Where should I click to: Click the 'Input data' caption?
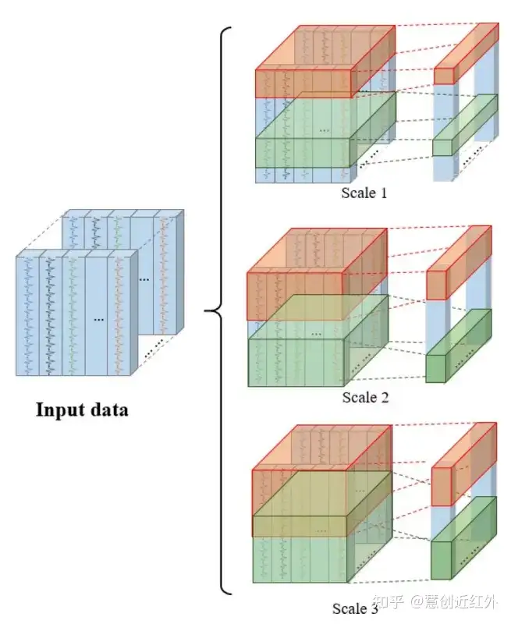[x=81, y=409]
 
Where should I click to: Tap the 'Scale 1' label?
[x=364, y=193]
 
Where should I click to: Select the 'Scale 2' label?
[x=365, y=397]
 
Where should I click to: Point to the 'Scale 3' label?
[x=356, y=608]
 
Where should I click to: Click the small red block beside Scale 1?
[x=444, y=75]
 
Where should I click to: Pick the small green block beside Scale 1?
[x=443, y=147]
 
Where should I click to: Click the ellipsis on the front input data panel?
[x=98, y=319]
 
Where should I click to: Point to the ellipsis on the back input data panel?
[x=145, y=278]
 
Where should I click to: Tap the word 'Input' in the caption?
[x=60, y=409]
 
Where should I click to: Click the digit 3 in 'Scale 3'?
[x=374, y=608]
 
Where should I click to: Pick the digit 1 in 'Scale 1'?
[x=383, y=193]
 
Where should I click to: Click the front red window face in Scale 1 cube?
[x=305, y=82]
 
